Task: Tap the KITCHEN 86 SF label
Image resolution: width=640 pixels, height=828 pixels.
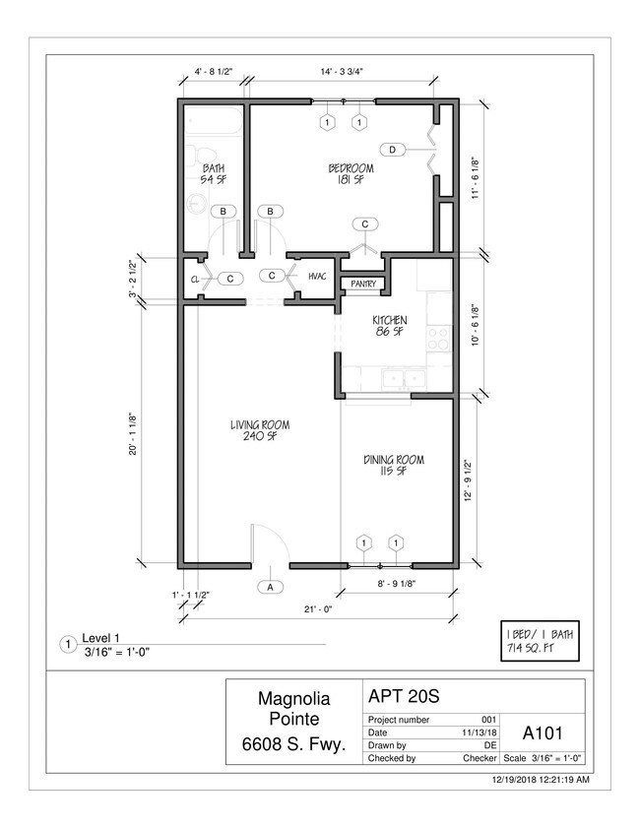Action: pyautogui.click(x=390, y=326)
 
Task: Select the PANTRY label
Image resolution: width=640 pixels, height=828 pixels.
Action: pyautogui.click(x=363, y=284)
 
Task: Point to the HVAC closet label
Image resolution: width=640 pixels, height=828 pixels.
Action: pyautogui.click(x=317, y=277)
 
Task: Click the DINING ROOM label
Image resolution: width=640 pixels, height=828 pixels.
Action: pyautogui.click(x=394, y=466)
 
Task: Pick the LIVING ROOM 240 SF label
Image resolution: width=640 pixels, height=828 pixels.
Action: pyautogui.click(x=260, y=430)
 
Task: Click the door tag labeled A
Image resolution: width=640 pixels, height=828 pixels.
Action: pyautogui.click(x=271, y=587)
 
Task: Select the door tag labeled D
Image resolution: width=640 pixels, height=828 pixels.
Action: pyautogui.click(x=392, y=150)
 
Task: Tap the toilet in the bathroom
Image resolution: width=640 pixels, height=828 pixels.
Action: pyautogui.click(x=199, y=154)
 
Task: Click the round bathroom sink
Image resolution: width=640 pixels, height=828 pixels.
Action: pyautogui.click(x=198, y=203)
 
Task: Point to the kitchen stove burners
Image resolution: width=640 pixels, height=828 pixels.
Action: pyautogui.click(x=439, y=339)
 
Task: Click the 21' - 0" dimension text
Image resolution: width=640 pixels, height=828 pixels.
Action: pyautogui.click(x=318, y=608)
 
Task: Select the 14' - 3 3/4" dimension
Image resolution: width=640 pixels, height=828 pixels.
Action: pyautogui.click(x=342, y=71)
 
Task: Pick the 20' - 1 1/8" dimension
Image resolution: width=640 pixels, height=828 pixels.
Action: pyautogui.click(x=134, y=434)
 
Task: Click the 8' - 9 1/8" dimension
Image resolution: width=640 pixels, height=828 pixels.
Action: pyautogui.click(x=397, y=584)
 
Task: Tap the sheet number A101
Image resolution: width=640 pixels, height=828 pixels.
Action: pyautogui.click(x=543, y=732)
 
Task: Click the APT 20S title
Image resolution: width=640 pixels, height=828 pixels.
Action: pyautogui.click(x=404, y=696)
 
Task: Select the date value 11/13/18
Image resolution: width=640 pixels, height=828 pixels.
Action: pyautogui.click(x=480, y=732)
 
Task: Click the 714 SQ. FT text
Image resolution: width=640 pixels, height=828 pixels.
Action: pyautogui.click(x=530, y=648)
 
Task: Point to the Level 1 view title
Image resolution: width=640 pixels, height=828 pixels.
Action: pyautogui.click(x=100, y=638)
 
